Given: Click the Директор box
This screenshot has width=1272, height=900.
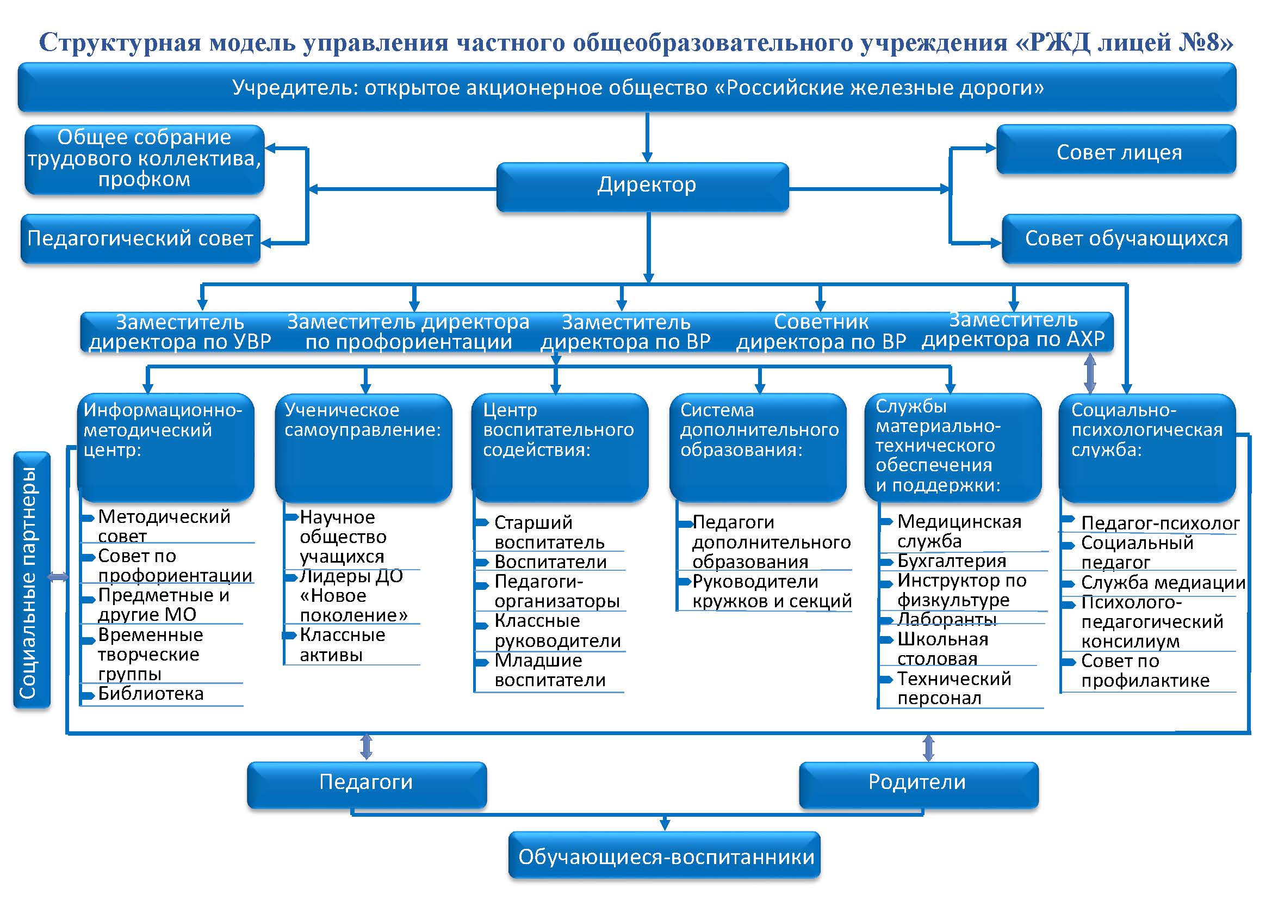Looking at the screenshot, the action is [x=643, y=187].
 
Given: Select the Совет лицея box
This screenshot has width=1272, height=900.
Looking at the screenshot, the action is [x=1116, y=150].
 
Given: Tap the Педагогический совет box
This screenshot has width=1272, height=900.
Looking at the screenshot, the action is [x=141, y=238].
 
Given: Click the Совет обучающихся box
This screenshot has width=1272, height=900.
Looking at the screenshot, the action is [x=1122, y=239].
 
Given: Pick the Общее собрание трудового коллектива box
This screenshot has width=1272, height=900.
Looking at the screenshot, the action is [x=145, y=159].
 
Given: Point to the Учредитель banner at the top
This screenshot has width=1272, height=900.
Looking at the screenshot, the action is [x=627, y=88].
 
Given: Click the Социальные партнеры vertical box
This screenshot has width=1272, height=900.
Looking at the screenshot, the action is [x=32, y=580].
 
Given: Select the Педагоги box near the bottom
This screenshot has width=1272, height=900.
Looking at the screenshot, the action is [x=367, y=785].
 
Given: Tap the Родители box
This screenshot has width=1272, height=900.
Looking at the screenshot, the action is [x=919, y=785].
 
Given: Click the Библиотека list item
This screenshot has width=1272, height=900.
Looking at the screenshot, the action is [x=151, y=694].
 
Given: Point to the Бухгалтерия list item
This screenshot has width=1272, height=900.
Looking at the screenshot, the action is [x=952, y=561].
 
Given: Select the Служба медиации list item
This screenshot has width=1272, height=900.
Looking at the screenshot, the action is [x=1163, y=582].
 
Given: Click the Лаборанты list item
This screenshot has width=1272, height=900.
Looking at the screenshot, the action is [x=947, y=619].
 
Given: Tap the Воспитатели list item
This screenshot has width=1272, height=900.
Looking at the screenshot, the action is [x=551, y=562].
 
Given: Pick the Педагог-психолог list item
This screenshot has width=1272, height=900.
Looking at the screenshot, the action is [x=1160, y=523].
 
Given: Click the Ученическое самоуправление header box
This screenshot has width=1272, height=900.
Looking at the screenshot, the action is [x=363, y=448].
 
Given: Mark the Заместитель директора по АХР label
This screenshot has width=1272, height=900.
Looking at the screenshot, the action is [x=1013, y=329].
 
